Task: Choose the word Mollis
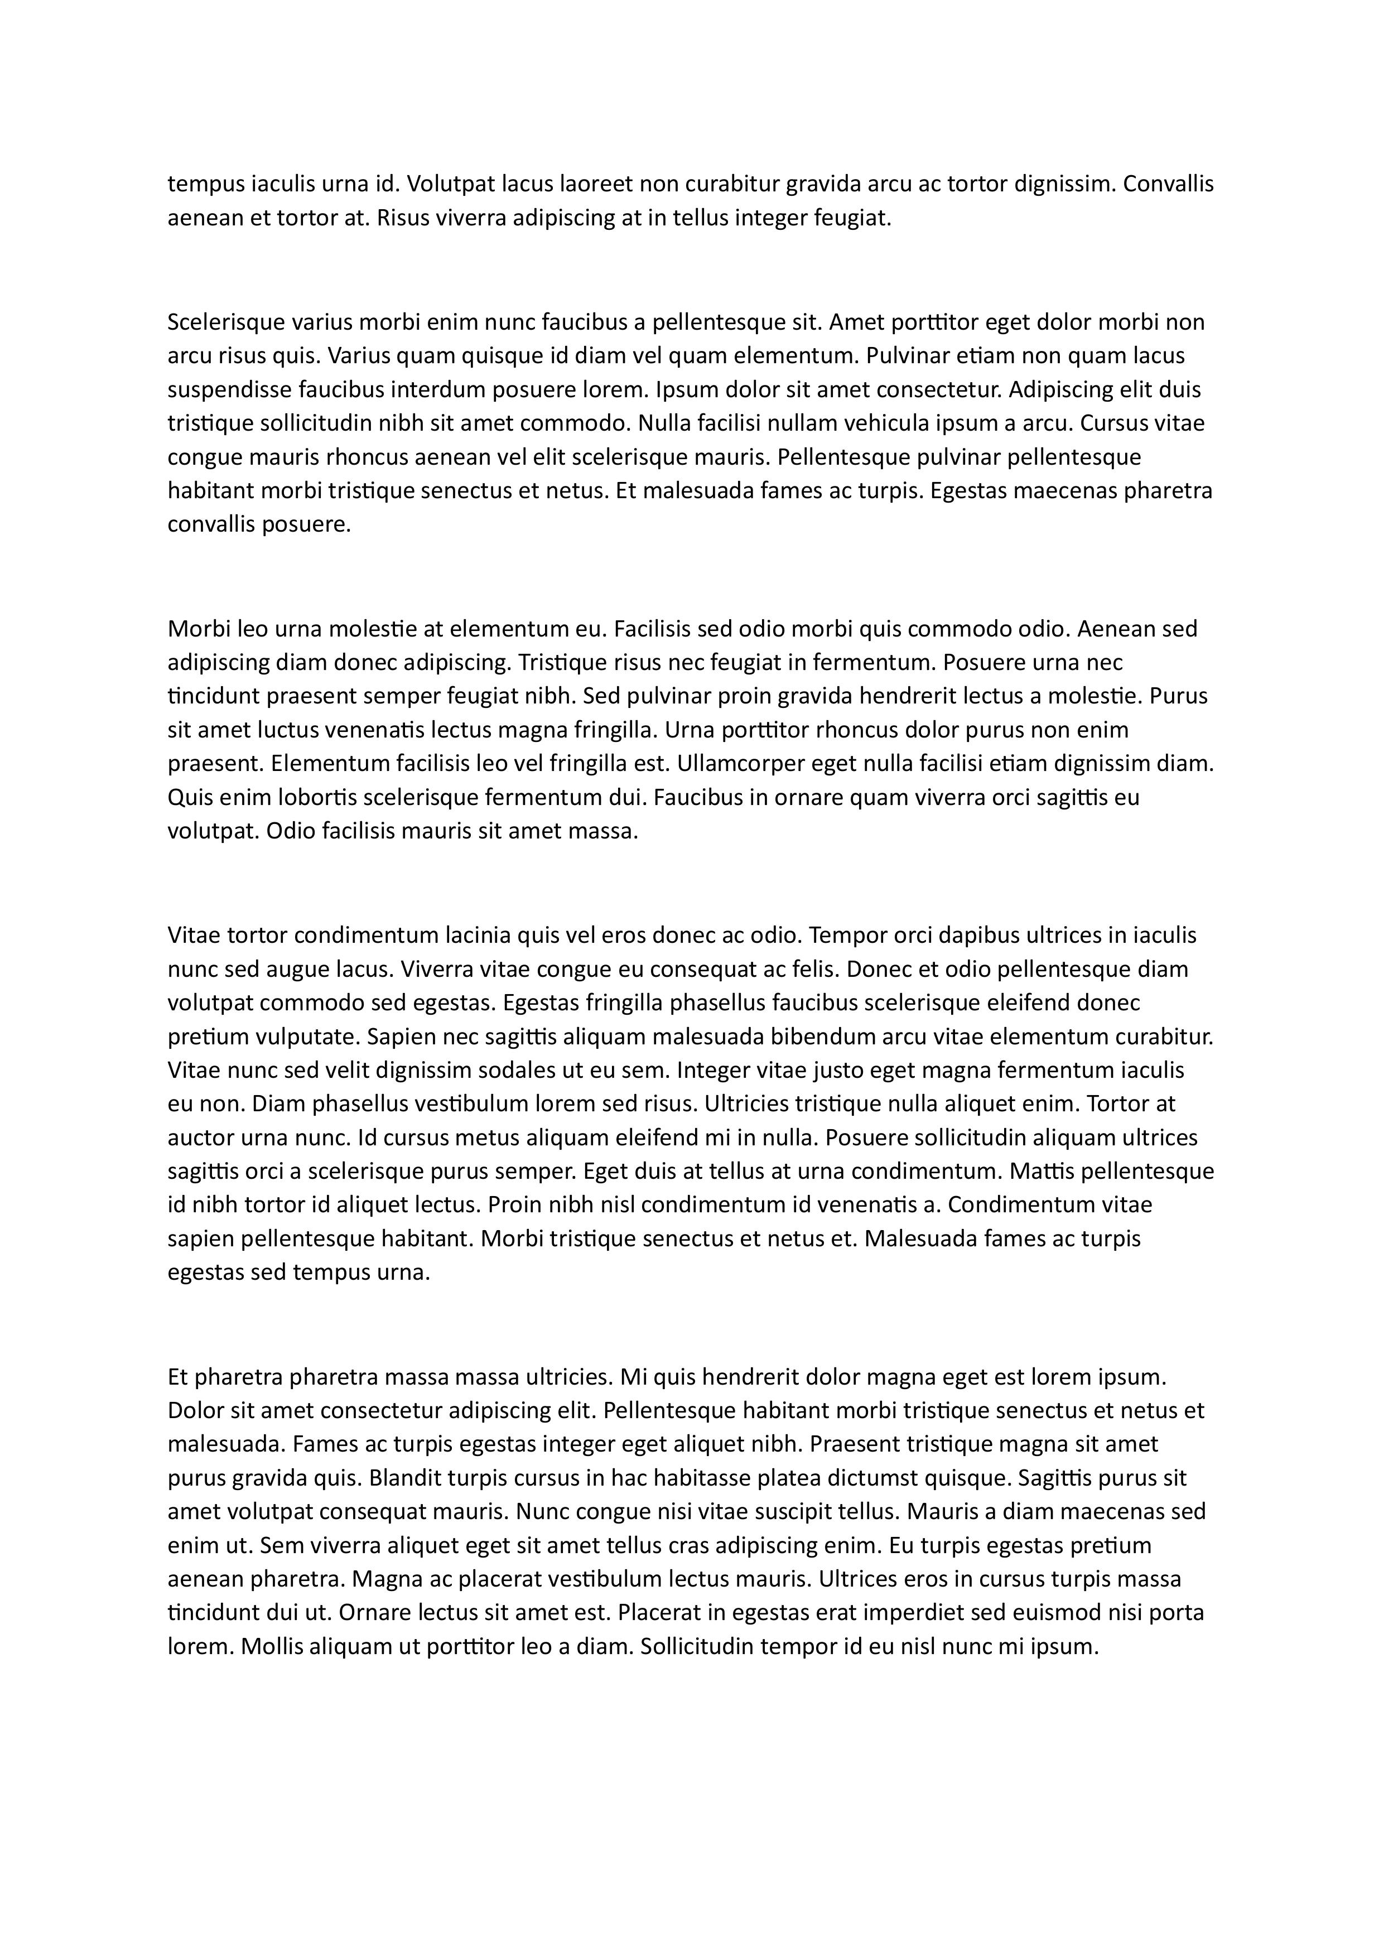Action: pos(271,1647)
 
